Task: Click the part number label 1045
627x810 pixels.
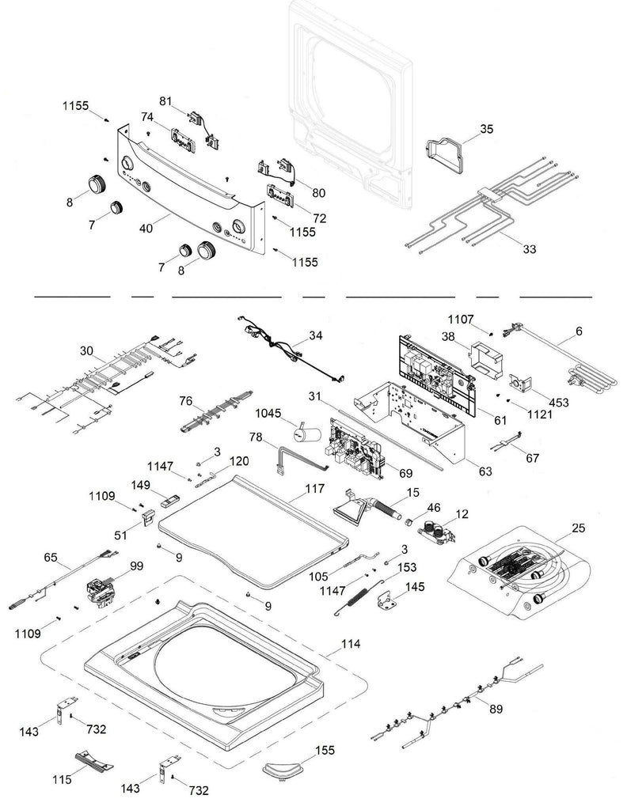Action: click(x=268, y=413)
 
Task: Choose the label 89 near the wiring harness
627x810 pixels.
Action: click(x=496, y=709)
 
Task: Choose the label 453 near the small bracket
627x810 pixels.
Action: click(x=559, y=403)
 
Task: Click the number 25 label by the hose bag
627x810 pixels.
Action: click(x=578, y=527)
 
